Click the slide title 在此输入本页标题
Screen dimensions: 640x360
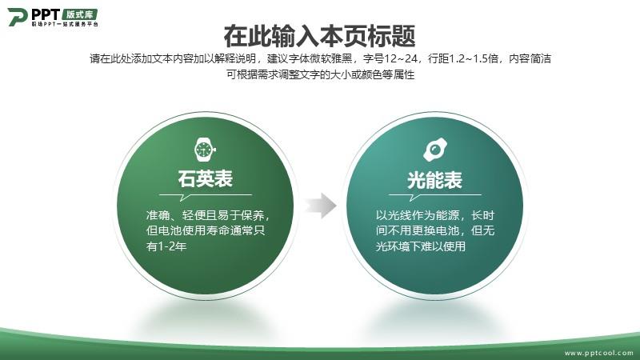pyautogui.click(x=319, y=36)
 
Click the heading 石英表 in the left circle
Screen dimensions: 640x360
pyautogui.click(x=206, y=179)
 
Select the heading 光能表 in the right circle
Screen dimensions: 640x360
pyautogui.click(x=434, y=180)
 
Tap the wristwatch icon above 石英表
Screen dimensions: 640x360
pyautogui.click(x=205, y=150)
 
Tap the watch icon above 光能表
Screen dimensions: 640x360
pyautogui.click(x=435, y=150)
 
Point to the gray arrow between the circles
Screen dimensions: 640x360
pyautogui.click(x=321, y=206)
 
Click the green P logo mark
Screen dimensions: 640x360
pyautogui.click(x=17, y=17)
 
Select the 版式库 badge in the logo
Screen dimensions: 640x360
pyautogui.click(x=79, y=14)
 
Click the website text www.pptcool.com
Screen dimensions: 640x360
pyautogui.click(x=598, y=353)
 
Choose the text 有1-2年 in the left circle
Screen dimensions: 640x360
pyautogui.click(x=166, y=246)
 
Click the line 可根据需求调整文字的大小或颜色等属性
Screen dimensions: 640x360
pyautogui.click(x=321, y=74)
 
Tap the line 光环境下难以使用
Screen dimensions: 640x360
pyautogui.click(x=421, y=246)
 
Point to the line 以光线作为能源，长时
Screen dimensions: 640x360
pyautogui.click(x=435, y=215)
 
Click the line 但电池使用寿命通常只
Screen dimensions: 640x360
pyautogui.click(x=206, y=230)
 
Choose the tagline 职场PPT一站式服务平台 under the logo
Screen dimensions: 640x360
pyautogui.click(x=66, y=25)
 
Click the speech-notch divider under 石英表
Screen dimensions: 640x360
pyautogui.click(x=206, y=197)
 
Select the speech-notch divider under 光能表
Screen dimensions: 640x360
pyautogui.click(x=435, y=197)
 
